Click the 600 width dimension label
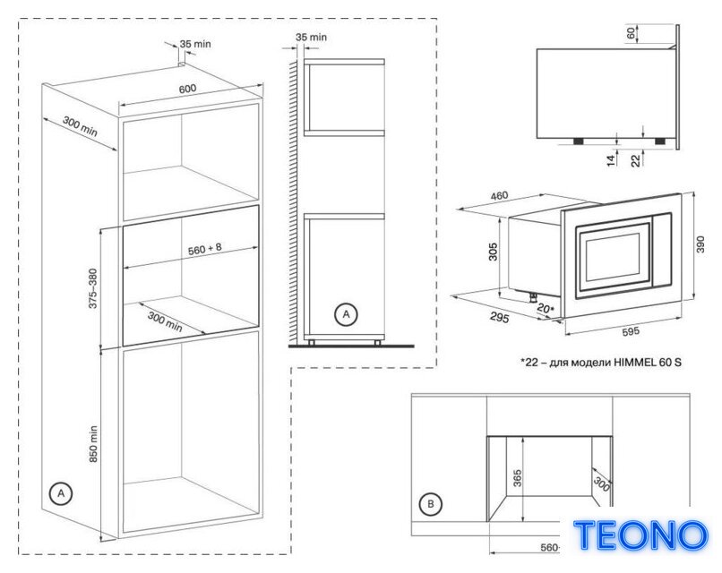(x=187, y=89)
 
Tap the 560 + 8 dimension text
(x=205, y=249)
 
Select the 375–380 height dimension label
(x=93, y=288)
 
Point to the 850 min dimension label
(x=93, y=444)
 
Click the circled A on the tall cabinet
(x=61, y=493)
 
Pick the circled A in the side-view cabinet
(x=346, y=314)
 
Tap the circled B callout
(x=431, y=504)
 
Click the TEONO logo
(x=640, y=535)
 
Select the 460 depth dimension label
(x=499, y=196)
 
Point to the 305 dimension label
(x=494, y=252)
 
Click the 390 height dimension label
(x=701, y=244)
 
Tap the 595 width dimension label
(x=631, y=331)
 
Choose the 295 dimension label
(x=500, y=318)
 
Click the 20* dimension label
(x=546, y=309)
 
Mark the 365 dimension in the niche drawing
(x=518, y=478)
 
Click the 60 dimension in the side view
(x=632, y=33)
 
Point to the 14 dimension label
(x=611, y=160)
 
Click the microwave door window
(x=614, y=260)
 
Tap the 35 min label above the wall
(x=311, y=37)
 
